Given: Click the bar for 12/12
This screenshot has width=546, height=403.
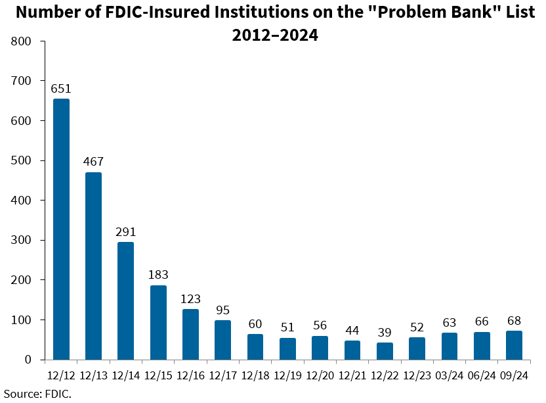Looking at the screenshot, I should pyautogui.click(x=61, y=229).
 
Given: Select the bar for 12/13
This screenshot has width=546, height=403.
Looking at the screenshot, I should pyautogui.click(x=93, y=266).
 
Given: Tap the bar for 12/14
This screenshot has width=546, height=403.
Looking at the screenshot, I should pyautogui.click(x=125, y=300).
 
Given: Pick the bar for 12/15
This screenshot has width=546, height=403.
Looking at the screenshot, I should pyautogui.click(x=158, y=322).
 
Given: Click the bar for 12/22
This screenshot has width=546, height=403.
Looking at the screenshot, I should pyautogui.click(x=385, y=351).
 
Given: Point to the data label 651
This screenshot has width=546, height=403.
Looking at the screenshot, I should pyautogui.click(x=61, y=88).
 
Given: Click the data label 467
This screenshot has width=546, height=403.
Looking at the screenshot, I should pyautogui.click(x=93, y=162).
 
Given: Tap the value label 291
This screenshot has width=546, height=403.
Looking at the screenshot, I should pyautogui.click(x=125, y=231).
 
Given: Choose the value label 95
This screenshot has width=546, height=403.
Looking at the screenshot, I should pyautogui.click(x=222, y=310).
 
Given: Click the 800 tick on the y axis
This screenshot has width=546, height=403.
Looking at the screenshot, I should pyautogui.click(x=22, y=41).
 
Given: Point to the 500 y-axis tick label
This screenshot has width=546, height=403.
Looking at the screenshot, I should pyautogui.click(x=22, y=160).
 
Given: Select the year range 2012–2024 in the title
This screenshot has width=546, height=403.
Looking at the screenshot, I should pyautogui.click(x=275, y=36).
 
